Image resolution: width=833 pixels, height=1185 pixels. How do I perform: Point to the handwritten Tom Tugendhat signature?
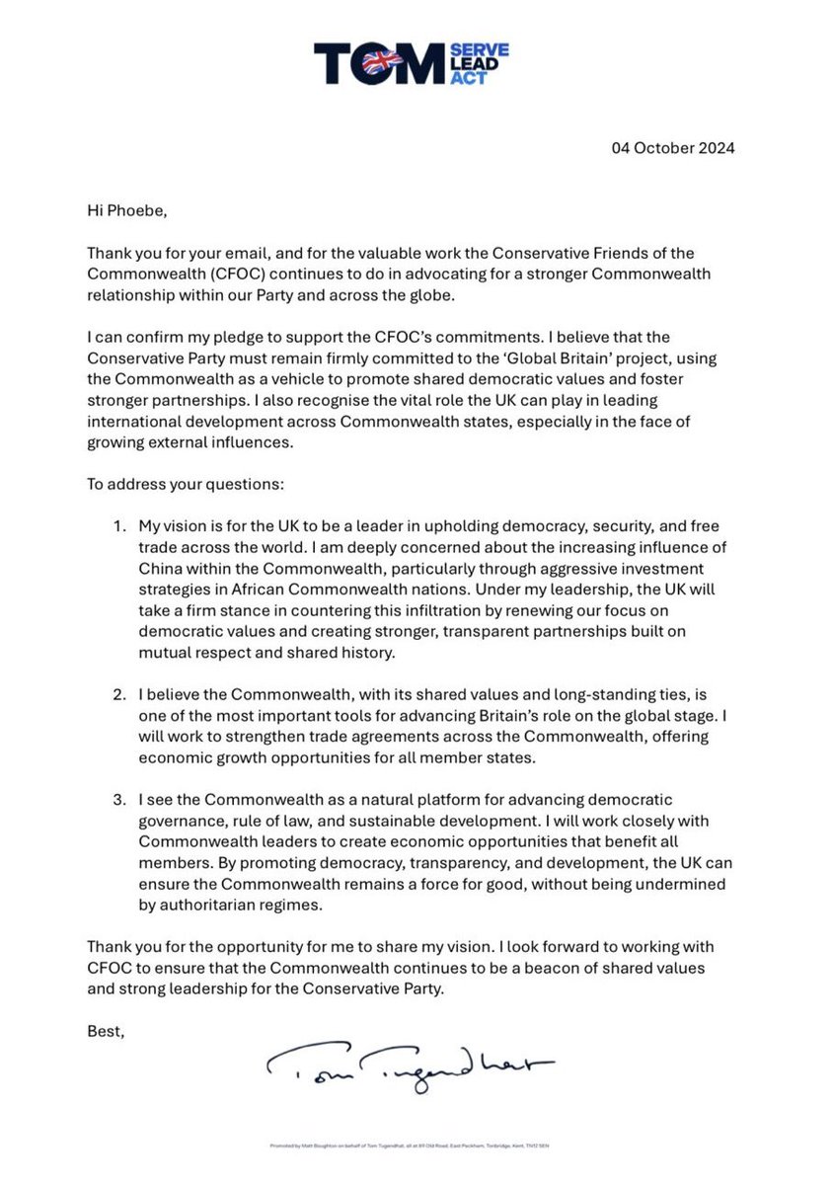pos(409,1064)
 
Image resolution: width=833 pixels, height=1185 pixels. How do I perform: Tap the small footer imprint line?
pos(416,1146)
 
